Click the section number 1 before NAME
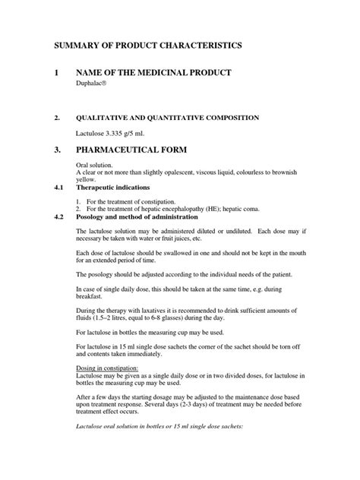click(x=55, y=73)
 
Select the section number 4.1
click(x=57, y=187)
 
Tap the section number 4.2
click(x=57, y=216)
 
